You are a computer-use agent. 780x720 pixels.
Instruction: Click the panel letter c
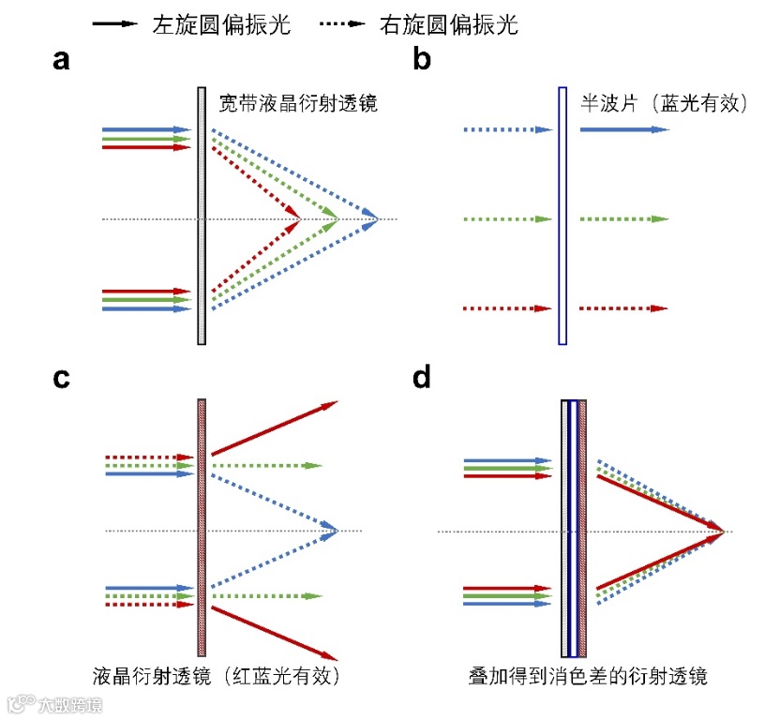pyautogui.click(x=62, y=379)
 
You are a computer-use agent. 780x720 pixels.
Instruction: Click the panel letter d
pyautogui.click(x=423, y=379)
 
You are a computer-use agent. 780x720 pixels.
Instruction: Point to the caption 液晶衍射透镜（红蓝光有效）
pyautogui.click(x=215, y=675)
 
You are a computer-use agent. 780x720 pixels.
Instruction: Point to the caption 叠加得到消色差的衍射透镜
pyautogui.click(x=589, y=675)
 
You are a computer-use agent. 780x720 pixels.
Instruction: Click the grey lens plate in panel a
pyautogui.click(x=202, y=216)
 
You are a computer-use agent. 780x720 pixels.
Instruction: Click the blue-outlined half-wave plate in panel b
pyautogui.click(x=562, y=216)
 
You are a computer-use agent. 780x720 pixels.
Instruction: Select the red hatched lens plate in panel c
pyautogui.click(x=202, y=527)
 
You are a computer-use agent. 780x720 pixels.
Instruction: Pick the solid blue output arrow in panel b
pyautogui.click(x=623, y=129)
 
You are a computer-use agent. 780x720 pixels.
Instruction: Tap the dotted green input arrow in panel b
pyautogui.click(x=503, y=219)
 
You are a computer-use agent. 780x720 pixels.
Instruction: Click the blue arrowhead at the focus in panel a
pyautogui.click(x=372, y=219)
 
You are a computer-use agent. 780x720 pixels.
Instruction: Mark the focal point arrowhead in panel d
pyautogui.click(x=719, y=532)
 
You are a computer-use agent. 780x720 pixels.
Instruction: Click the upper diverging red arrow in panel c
pyautogui.click(x=274, y=429)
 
